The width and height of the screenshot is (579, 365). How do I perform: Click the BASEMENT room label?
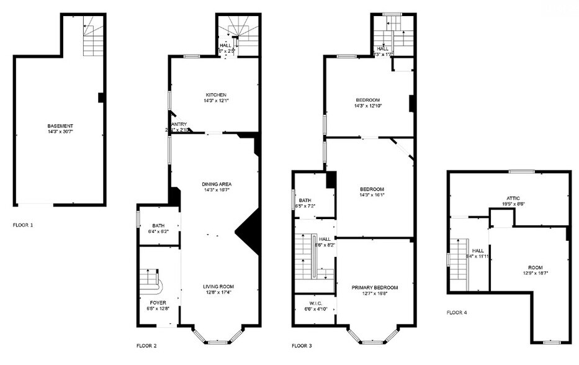pyautogui.click(x=60, y=126)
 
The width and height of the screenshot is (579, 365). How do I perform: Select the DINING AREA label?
pyautogui.click(x=217, y=184)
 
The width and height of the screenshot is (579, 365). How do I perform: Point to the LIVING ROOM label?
pyautogui.click(x=218, y=286)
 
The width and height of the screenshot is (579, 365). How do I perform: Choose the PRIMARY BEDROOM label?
pyautogui.click(x=374, y=287)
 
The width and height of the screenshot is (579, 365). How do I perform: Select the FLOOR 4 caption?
pyautogui.click(x=457, y=312)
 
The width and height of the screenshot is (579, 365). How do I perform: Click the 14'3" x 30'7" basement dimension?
pyautogui.click(x=60, y=132)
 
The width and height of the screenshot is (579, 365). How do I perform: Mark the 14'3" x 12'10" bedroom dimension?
pyautogui.click(x=368, y=106)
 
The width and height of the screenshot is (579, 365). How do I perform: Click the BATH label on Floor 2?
pyautogui.click(x=158, y=225)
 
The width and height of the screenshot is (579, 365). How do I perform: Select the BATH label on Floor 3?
pyautogui.click(x=304, y=201)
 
